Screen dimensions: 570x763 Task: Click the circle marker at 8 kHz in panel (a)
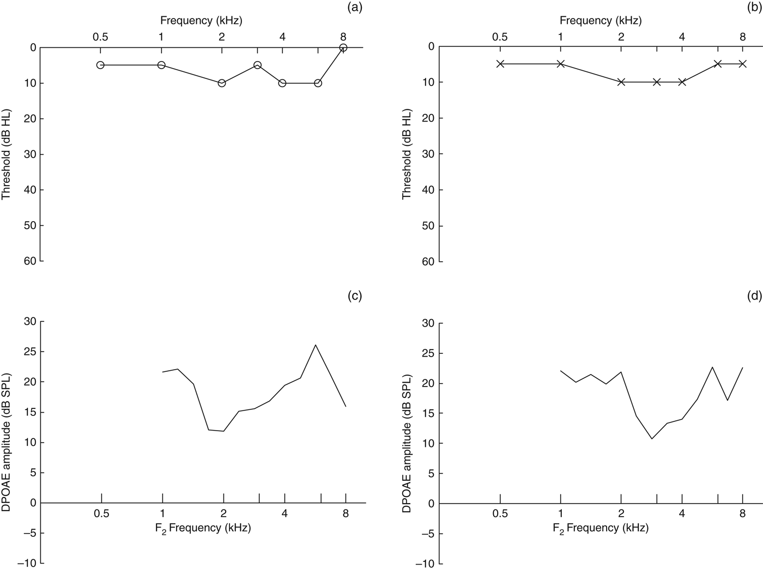343,47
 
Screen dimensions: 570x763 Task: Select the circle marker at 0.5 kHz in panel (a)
100,65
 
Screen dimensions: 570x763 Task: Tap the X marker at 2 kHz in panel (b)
621,82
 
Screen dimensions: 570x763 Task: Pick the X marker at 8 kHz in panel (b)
742,64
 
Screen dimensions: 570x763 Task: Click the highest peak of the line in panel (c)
316,345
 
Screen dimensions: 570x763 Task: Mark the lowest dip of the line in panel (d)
652,439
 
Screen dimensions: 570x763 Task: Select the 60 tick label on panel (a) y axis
30,261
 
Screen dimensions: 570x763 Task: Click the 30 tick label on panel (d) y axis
429,323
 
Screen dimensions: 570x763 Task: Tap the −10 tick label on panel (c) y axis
27,563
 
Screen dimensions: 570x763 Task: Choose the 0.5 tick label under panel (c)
101,513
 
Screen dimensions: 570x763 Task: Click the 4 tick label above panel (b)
682,37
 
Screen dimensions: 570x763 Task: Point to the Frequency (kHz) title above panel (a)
201,21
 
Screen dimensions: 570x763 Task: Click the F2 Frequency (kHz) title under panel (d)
600,528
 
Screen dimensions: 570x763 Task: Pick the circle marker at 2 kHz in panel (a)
222,83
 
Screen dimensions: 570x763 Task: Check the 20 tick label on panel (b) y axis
429,118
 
